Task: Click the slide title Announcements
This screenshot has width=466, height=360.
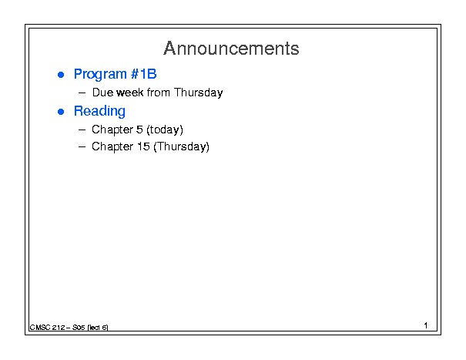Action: (x=231, y=49)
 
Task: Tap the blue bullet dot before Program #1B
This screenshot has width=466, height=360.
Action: (x=61, y=75)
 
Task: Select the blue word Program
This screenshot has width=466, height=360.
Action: (x=100, y=74)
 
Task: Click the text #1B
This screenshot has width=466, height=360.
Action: (x=143, y=74)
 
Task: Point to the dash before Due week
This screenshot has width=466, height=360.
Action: (x=82, y=93)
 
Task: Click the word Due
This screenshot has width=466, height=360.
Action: (x=103, y=93)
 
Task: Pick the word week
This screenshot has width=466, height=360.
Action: (x=130, y=93)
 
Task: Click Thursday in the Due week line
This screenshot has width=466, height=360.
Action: (x=198, y=93)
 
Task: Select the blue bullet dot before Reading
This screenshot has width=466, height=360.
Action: (x=61, y=112)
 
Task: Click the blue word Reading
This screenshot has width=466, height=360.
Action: (x=99, y=111)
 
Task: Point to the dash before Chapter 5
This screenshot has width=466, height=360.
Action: (x=82, y=130)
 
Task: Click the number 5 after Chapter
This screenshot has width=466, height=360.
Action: (x=139, y=130)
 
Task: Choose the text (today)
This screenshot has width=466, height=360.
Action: (x=165, y=130)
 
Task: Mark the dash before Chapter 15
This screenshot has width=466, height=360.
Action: (x=82, y=146)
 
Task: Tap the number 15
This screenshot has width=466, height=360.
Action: (x=143, y=146)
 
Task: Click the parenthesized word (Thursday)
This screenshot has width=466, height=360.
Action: (x=181, y=147)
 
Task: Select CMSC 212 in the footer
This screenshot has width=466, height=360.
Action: (x=47, y=328)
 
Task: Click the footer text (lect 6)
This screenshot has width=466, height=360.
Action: (x=98, y=328)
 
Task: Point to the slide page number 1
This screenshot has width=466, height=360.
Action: (x=426, y=325)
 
